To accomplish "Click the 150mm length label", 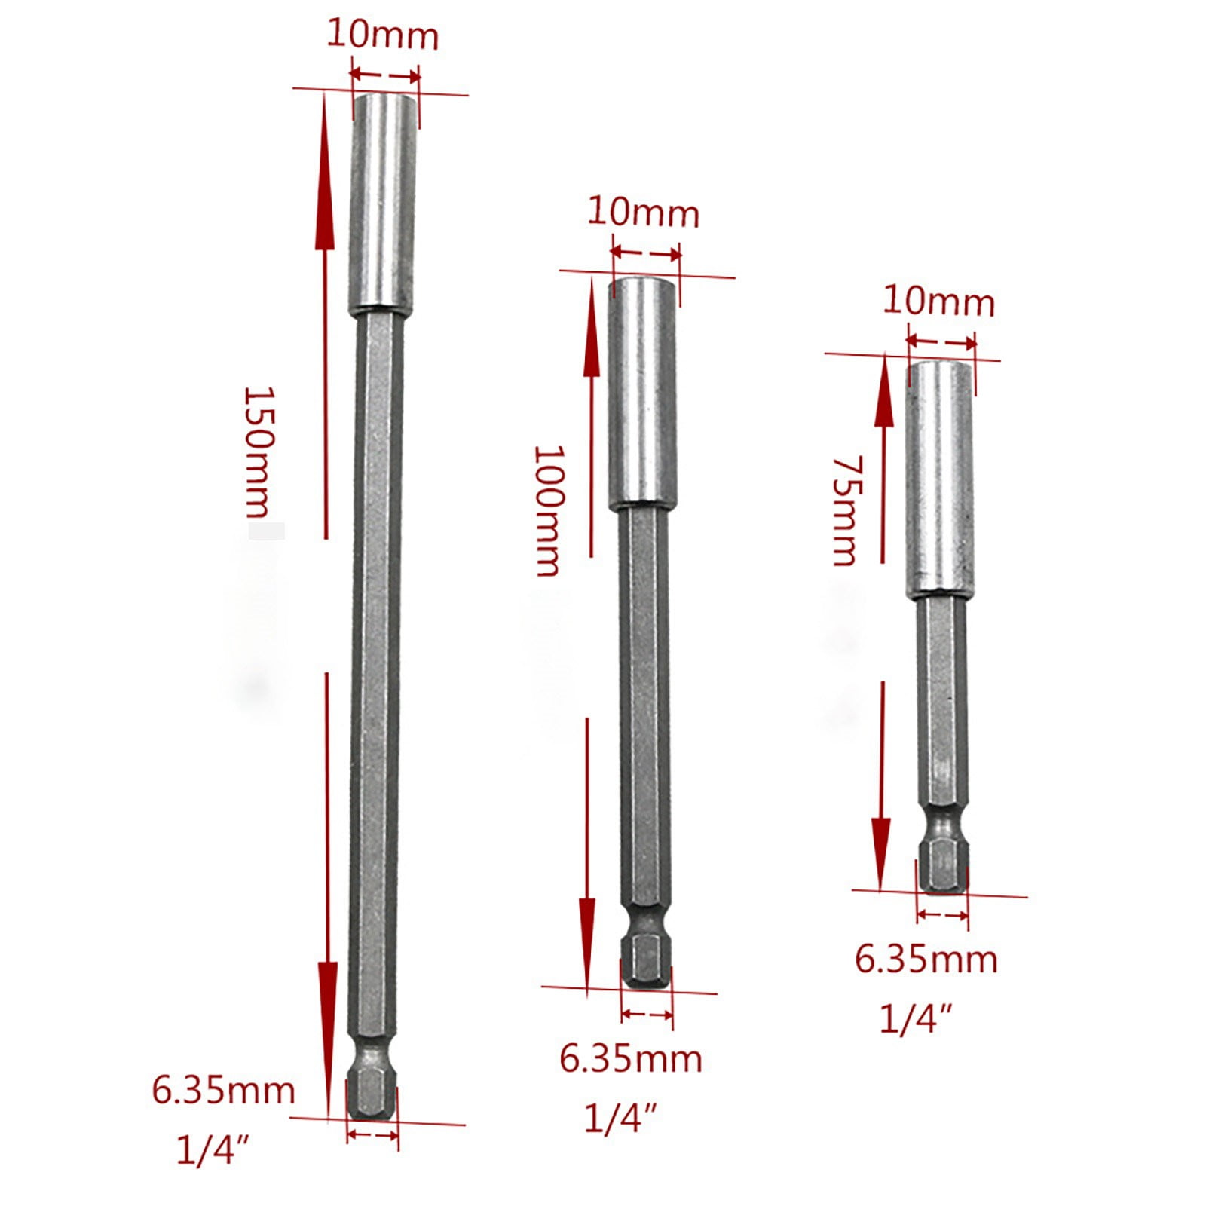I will [x=257, y=452].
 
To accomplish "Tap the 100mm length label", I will [x=548, y=510].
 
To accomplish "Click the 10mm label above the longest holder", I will [x=382, y=36].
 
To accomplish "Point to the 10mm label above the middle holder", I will [x=643, y=213].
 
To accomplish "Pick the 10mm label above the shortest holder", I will [x=938, y=302].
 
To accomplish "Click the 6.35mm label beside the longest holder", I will [x=223, y=1091].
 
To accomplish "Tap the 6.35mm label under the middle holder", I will [x=630, y=1058].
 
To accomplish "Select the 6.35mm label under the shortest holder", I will [x=926, y=960].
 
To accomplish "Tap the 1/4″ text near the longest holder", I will [x=213, y=1151].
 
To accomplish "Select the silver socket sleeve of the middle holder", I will [x=643, y=392].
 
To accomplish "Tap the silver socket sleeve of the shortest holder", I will [x=938, y=479].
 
